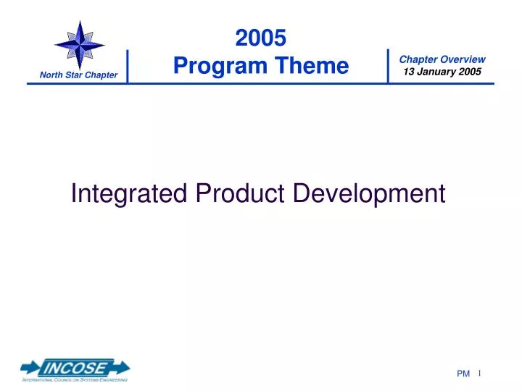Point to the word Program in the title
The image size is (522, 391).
[220, 66]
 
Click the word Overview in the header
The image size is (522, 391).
[462, 59]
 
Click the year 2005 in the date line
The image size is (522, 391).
[469, 71]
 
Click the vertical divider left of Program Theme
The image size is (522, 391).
[127, 67]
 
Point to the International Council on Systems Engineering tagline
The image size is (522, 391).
[75, 379]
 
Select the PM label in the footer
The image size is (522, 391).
[464, 374]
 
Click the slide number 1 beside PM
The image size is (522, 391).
[480, 373]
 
